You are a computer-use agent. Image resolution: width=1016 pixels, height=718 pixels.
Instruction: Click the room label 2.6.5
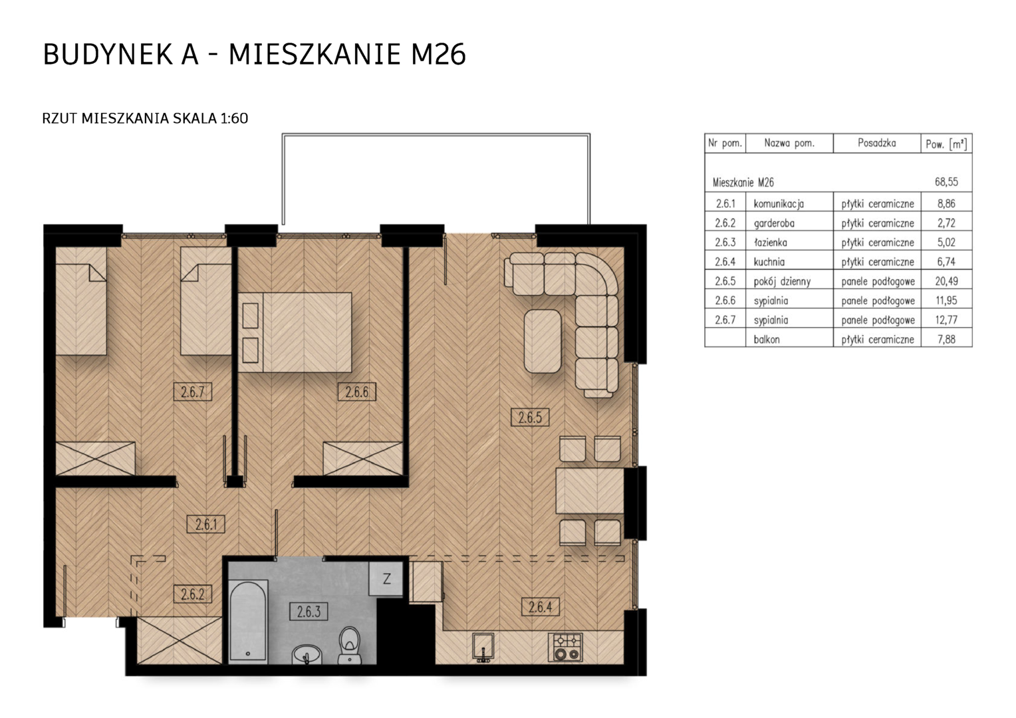pyautogui.click(x=530, y=417)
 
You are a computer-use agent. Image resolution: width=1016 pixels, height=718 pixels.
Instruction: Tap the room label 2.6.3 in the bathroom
pyautogui.click(x=309, y=612)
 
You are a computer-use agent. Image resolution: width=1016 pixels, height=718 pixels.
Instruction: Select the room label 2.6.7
pyautogui.click(x=192, y=392)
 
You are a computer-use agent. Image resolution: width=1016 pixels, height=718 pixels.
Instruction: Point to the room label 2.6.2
pyautogui.click(x=192, y=594)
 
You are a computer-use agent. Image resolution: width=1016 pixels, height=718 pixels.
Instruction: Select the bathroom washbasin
pyautogui.click(x=307, y=654)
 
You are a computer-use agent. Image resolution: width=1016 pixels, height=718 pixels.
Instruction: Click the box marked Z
pyautogui.click(x=386, y=579)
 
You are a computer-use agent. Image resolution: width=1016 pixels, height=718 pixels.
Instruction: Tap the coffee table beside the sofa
pyautogui.click(x=543, y=341)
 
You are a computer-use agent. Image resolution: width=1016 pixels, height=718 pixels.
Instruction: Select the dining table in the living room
pyautogui.click(x=590, y=491)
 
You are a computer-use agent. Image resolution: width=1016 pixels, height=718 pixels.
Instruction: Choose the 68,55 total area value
pyautogui.click(x=946, y=182)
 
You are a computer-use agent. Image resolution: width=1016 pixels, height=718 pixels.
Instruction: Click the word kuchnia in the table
pyautogui.click(x=769, y=262)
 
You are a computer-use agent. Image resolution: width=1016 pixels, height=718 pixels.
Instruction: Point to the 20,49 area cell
pyautogui.click(x=947, y=281)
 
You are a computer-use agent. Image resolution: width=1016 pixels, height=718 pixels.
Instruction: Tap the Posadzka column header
pyautogui.click(x=877, y=144)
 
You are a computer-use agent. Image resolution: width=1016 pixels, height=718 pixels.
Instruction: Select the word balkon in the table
pyautogui.click(x=767, y=339)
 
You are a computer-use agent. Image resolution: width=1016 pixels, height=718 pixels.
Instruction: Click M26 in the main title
pyautogui.click(x=438, y=55)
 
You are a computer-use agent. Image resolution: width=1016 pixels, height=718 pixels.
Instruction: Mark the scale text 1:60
pyautogui.click(x=234, y=118)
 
